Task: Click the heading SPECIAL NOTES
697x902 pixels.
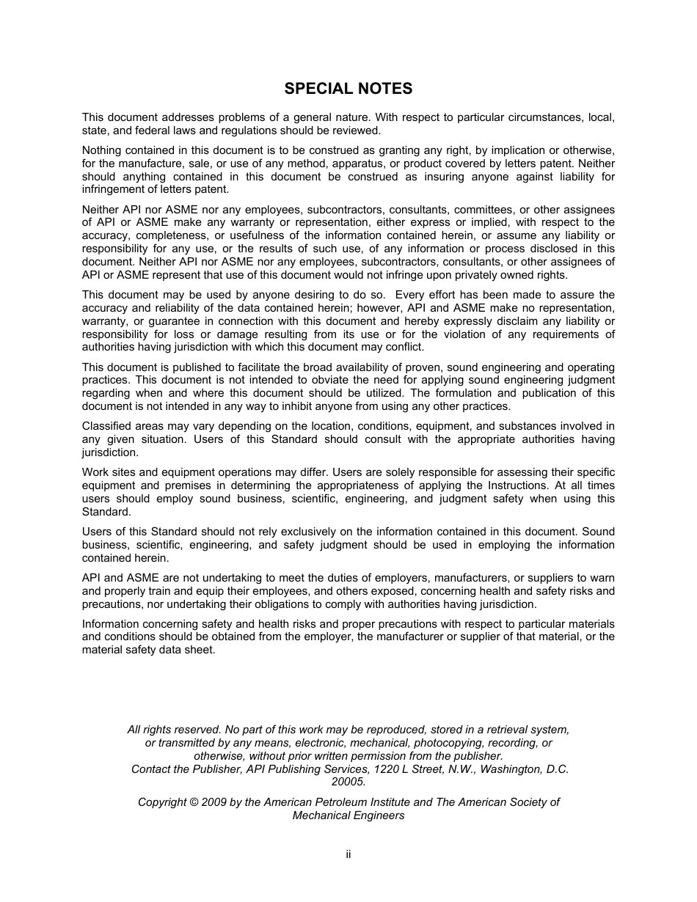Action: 348,89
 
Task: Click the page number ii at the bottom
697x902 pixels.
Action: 348,854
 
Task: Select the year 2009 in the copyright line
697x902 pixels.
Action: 214,802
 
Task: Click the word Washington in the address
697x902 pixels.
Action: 506,769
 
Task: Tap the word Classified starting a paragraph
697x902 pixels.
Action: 106,426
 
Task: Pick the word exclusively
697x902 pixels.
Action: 306,532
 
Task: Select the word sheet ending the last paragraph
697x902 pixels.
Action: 202,650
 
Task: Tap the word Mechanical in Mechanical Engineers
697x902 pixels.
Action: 320,815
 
